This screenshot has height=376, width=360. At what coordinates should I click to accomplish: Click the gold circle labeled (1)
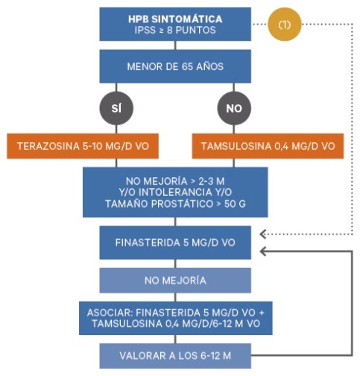pos(285,24)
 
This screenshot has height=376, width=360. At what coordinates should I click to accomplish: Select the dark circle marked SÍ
pos(116,108)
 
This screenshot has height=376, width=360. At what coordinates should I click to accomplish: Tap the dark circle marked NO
pos(234,108)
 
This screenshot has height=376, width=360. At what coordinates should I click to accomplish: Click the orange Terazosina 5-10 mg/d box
pos(83,146)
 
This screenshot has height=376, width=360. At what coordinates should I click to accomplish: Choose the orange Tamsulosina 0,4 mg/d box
pos(268,146)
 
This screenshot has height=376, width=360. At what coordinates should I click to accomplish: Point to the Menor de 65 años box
pos(175,66)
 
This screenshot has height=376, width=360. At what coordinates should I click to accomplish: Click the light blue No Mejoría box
pos(175,281)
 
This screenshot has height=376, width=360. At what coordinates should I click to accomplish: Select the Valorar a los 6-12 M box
pos(175,356)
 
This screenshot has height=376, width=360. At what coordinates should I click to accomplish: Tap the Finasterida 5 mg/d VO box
pos(175,243)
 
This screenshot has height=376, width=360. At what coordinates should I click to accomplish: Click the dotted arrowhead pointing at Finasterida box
pos(263,234)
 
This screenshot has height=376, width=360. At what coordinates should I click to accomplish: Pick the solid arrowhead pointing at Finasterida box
pos(263,251)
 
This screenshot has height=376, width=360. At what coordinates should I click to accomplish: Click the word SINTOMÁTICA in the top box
pos(187,19)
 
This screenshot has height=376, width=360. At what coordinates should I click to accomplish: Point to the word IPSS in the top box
pos(144,30)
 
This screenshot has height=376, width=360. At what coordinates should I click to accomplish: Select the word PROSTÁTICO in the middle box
pos(182,204)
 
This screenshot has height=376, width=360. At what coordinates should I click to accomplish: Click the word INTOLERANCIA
pos(175,192)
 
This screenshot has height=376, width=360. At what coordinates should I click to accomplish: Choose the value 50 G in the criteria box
pos(235,204)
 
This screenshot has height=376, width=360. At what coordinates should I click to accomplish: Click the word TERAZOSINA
pos(48,146)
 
